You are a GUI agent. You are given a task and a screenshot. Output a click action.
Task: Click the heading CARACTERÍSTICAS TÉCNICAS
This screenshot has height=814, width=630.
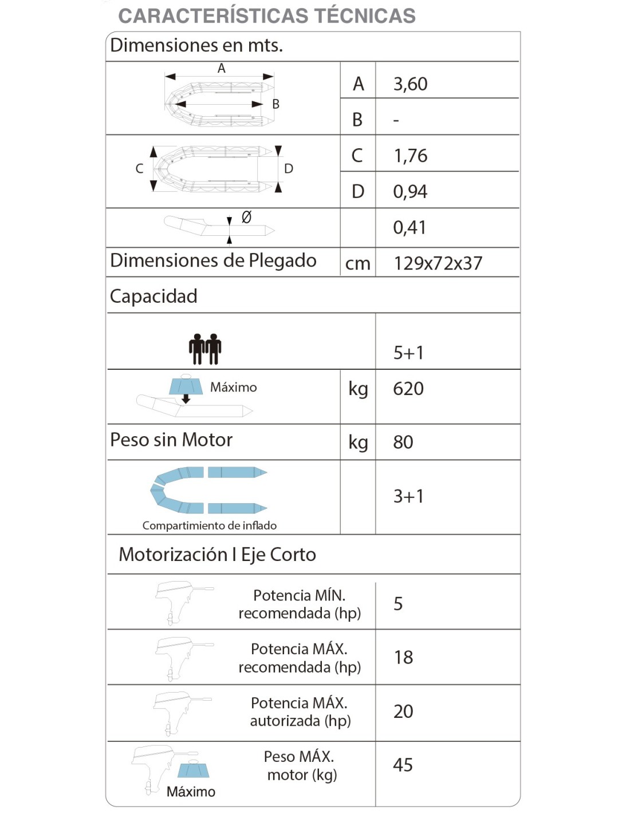click(x=266, y=16)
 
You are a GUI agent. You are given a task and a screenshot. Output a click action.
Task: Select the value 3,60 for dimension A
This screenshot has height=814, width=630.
click(x=410, y=84)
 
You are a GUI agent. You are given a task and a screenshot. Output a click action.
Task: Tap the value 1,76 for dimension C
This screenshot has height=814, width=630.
click(x=410, y=156)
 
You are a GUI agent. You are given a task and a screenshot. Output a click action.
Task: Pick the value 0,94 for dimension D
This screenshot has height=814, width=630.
click(x=410, y=192)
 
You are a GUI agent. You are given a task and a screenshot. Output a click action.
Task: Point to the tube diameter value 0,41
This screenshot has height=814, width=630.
click(x=409, y=228)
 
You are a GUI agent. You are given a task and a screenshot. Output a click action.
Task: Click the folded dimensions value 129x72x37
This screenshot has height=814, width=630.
click(x=438, y=263)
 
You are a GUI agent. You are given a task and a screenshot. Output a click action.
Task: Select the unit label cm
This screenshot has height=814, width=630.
click(x=358, y=264)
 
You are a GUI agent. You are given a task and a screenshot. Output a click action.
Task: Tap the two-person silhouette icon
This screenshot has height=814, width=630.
click(x=205, y=349)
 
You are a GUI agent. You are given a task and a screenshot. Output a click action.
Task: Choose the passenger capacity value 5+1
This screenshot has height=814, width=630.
click(x=408, y=353)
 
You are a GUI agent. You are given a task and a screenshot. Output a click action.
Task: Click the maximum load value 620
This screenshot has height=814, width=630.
click(x=408, y=389)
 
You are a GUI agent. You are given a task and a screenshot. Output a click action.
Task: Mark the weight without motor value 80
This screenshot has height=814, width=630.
click(x=403, y=442)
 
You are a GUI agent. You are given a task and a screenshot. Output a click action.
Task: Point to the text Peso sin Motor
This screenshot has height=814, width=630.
click(x=171, y=440)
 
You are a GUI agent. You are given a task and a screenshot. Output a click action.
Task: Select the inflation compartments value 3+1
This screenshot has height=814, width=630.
click(x=408, y=496)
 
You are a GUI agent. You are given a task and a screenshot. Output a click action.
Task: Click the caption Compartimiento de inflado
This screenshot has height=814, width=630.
click(x=210, y=525)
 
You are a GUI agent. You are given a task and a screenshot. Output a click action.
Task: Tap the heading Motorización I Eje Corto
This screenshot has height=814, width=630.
click(x=217, y=555)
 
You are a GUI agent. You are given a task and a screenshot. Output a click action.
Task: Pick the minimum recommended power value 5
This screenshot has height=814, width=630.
click(x=398, y=604)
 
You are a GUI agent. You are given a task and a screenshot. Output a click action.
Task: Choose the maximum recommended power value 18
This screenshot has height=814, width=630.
click(x=403, y=658)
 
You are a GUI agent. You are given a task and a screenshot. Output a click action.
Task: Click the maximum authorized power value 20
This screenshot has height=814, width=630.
click(x=403, y=712)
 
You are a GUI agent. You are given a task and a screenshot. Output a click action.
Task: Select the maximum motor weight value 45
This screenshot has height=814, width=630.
click(x=403, y=765)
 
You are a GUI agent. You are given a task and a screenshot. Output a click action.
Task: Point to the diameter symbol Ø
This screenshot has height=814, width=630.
click(x=246, y=218)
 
